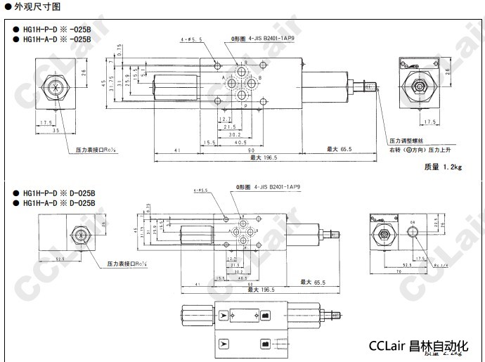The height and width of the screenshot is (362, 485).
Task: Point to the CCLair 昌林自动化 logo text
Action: (x=418, y=346)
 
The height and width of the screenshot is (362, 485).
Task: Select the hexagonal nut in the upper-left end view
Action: (x=53, y=88)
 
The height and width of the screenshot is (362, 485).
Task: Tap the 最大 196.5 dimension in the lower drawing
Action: (x=265, y=288)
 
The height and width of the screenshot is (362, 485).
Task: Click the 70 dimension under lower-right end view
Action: (x=400, y=271)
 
